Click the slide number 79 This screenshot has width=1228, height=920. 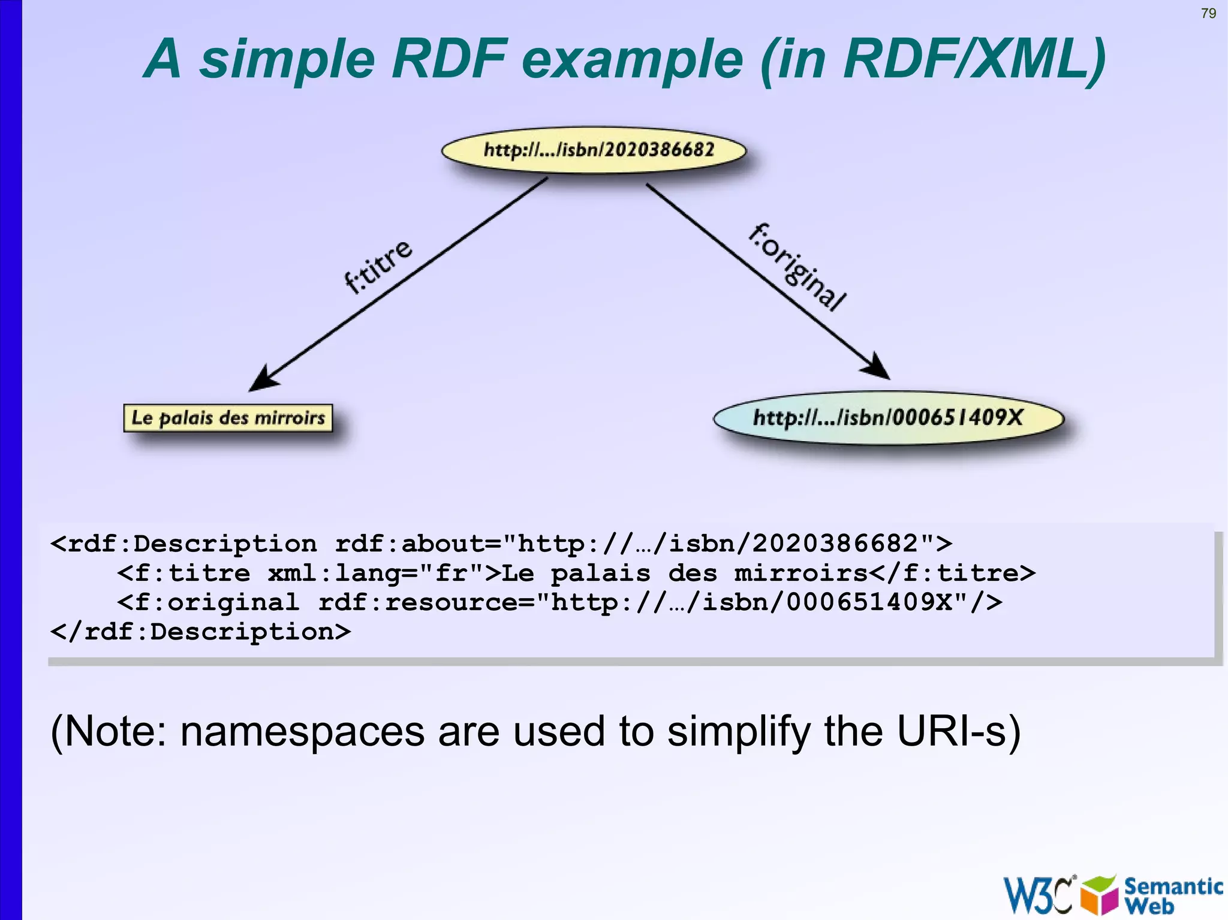pyautogui.click(x=1208, y=13)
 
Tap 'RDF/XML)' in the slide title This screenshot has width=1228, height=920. pyautogui.click(x=974, y=60)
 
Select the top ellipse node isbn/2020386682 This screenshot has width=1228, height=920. pyautogui.click(x=594, y=150)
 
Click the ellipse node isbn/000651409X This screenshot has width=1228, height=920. pyautogui.click(x=888, y=418)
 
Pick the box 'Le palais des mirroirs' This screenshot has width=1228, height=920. pyautogui.click(x=228, y=418)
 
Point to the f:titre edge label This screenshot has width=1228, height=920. pyautogui.click(x=378, y=267)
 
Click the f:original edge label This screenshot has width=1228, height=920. pyautogui.click(x=797, y=267)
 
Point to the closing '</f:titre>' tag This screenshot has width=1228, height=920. pyautogui.click(x=952, y=573)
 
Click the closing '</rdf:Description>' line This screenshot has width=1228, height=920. pyautogui.click(x=201, y=632)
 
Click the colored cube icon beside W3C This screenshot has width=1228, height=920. pyautogui.click(x=1099, y=895)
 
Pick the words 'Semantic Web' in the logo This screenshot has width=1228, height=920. pyautogui.click(x=1172, y=895)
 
